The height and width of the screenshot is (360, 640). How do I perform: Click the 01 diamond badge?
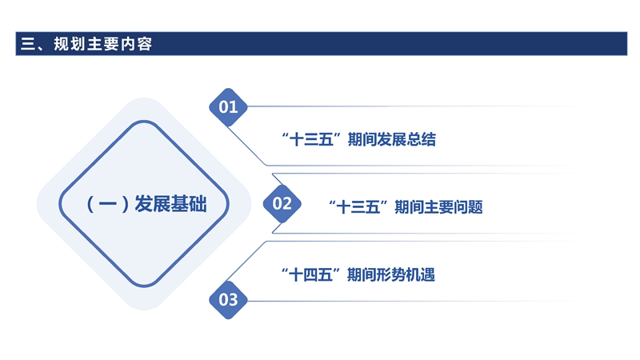click(x=228, y=107)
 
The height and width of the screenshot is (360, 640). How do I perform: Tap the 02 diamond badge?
click(x=282, y=204)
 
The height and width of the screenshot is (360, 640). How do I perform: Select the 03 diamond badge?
click(x=228, y=300)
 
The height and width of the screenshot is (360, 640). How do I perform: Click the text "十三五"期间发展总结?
click(x=360, y=139)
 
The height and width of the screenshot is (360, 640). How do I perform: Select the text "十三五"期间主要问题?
click(x=406, y=206)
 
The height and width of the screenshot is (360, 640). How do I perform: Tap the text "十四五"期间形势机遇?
click(x=359, y=275)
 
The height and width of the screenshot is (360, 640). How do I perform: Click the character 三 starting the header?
click(x=25, y=44)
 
